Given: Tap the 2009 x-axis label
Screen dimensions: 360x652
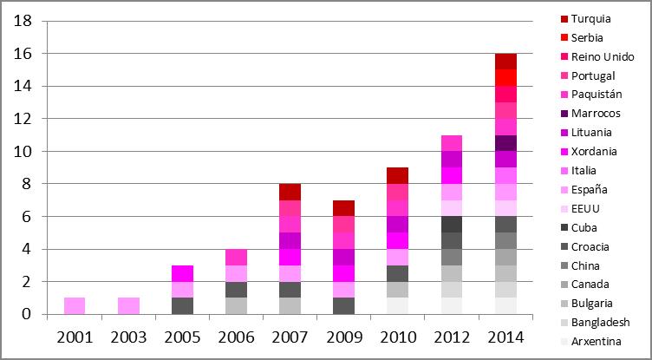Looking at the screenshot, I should pyautogui.click(x=344, y=337).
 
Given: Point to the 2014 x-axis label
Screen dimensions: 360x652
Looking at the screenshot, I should pyautogui.click(x=505, y=337).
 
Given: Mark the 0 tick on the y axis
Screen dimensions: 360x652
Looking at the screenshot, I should pyautogui.click(x=28, y=314).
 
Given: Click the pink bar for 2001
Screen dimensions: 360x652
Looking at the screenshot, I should pyautogui.click(x=75, y=305).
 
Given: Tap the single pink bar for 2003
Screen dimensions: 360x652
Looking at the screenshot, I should pyautogui.click(x=128, y=305).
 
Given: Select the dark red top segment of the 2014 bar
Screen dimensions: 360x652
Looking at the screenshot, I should pyautogui.click(x=505, y=61).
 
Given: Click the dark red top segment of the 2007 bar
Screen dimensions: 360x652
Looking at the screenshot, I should pyautogui.click(x=290, y=192).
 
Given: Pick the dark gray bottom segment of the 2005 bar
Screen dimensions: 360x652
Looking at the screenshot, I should pyautogui.click(x=182, y=305).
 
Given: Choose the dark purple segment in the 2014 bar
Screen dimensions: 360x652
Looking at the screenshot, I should pyautogui.click(x=505, y=142).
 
